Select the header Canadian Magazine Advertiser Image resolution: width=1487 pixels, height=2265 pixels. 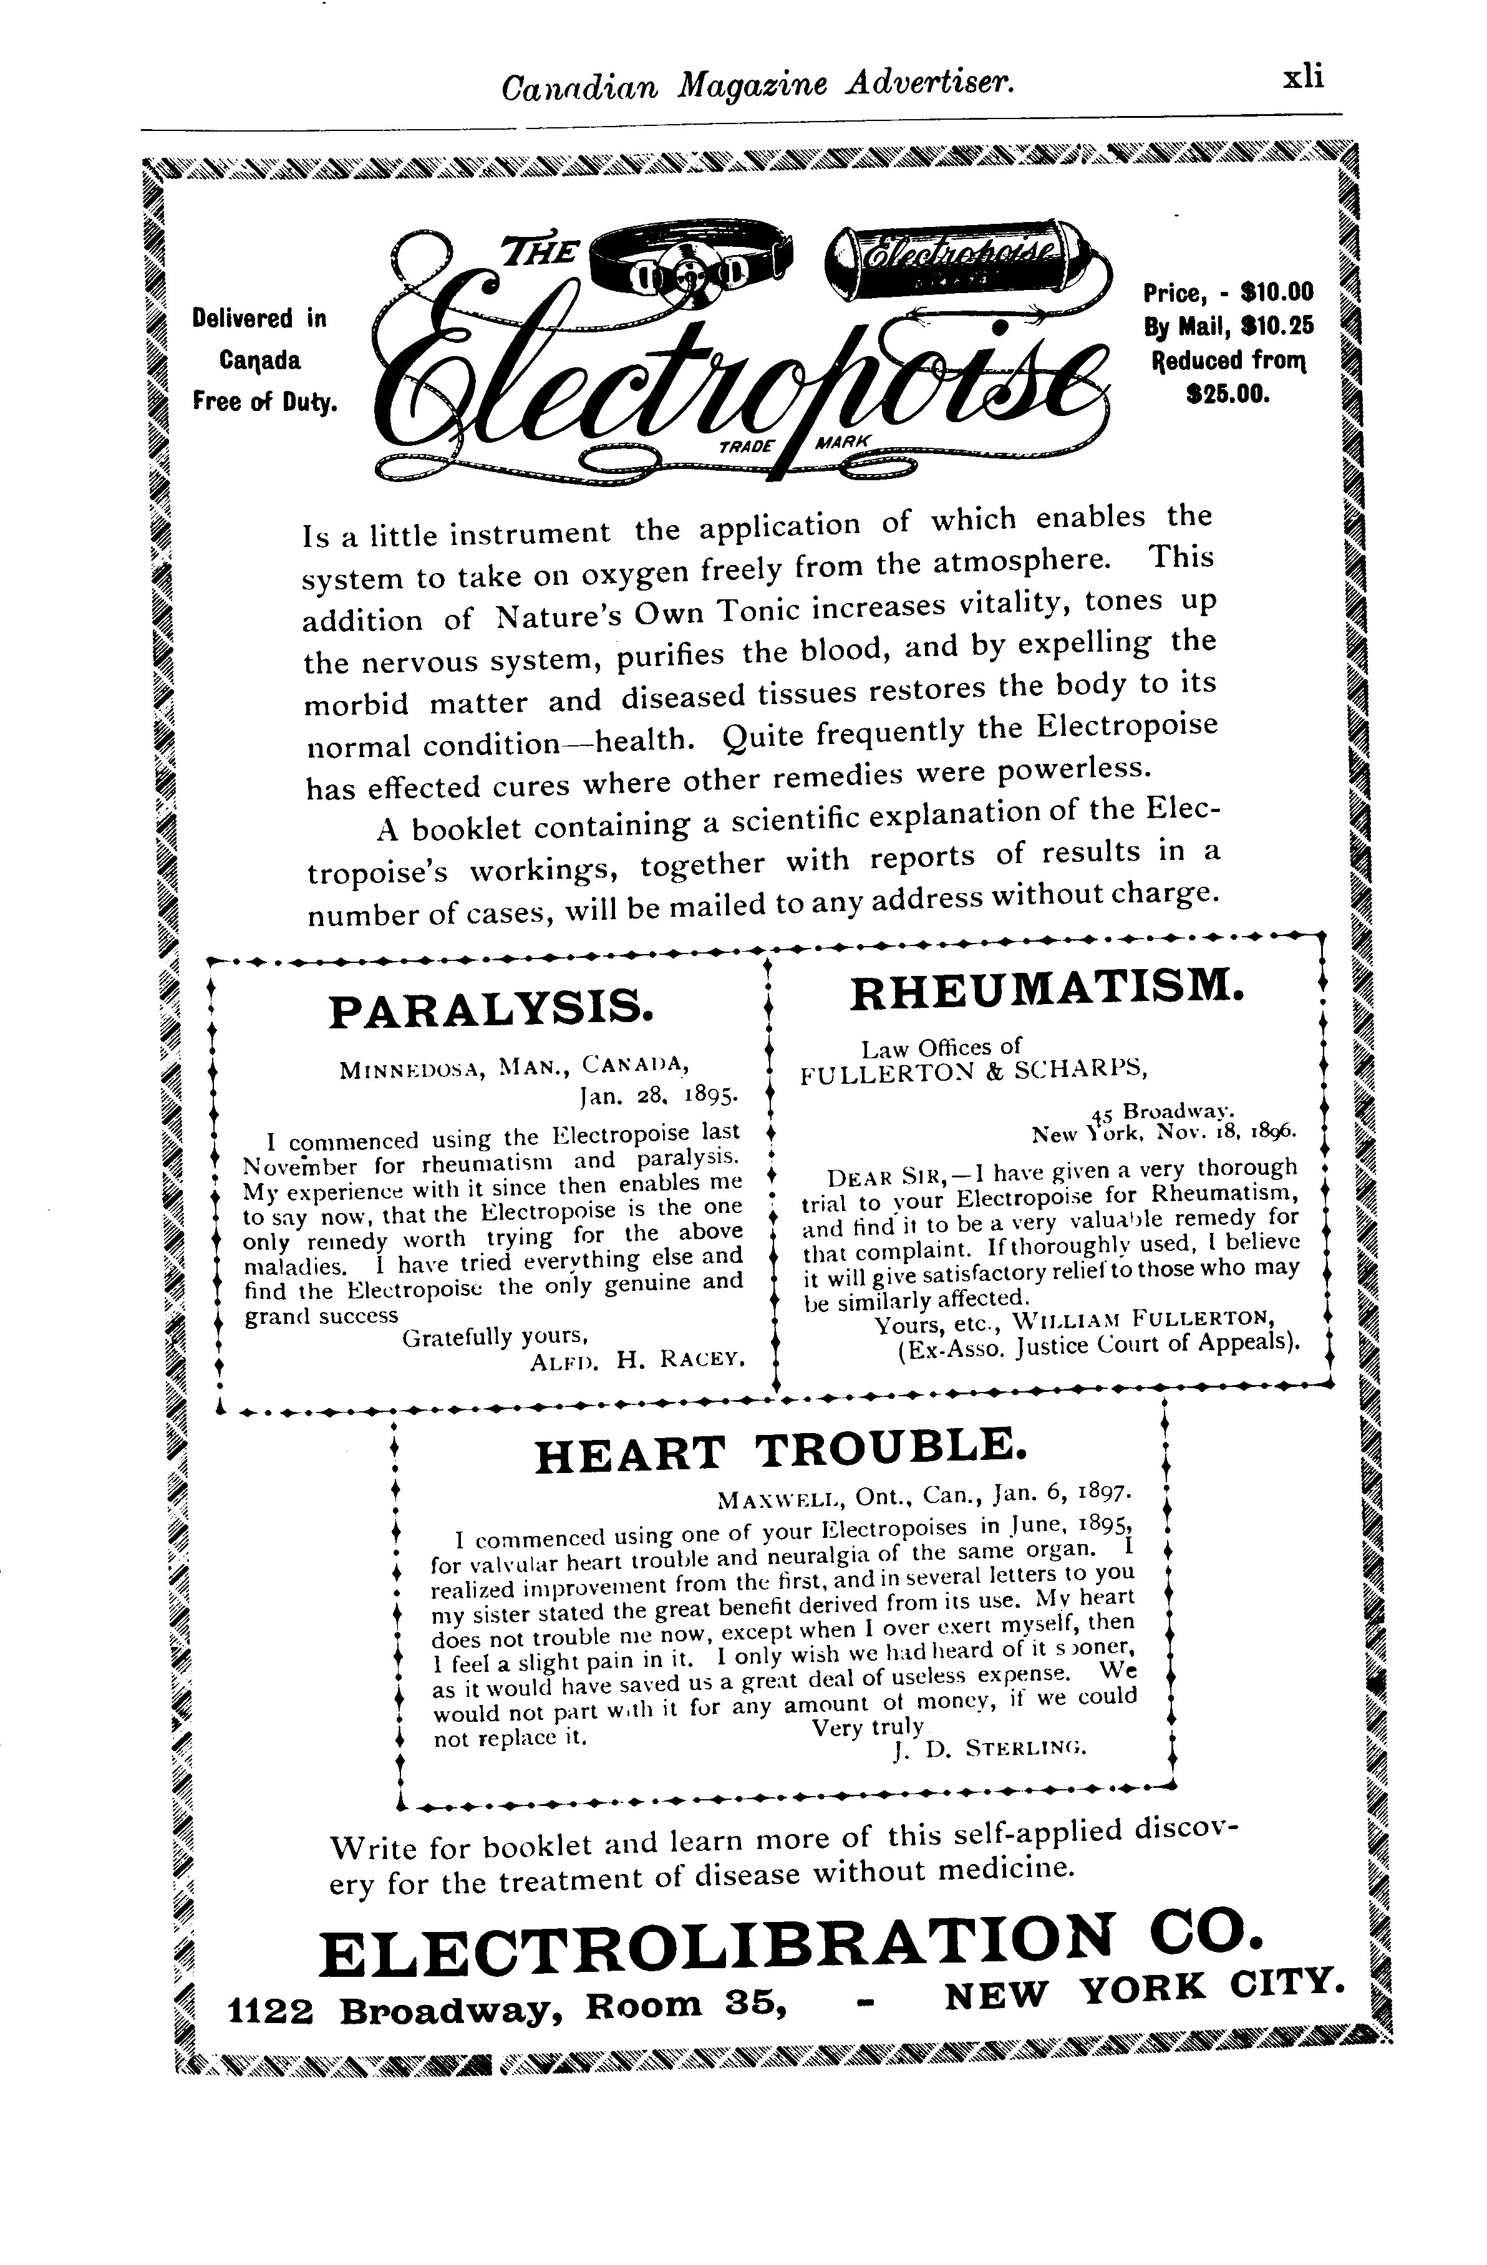tap(758, 87)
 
